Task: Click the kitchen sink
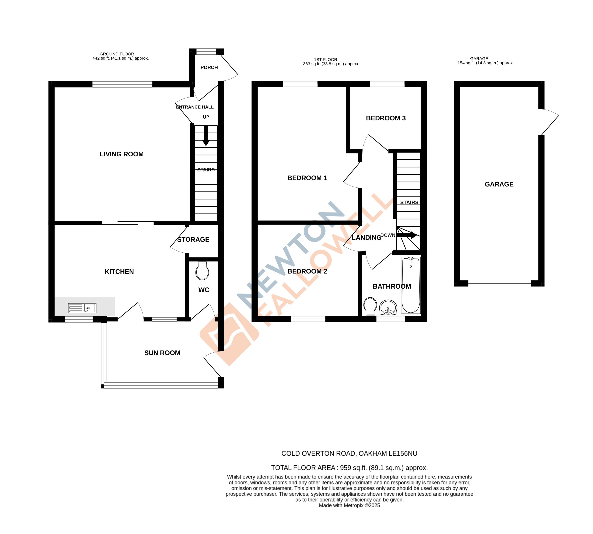pos(82,308)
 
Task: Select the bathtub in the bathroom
pos(411,285)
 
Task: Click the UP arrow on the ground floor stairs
pos(206,136)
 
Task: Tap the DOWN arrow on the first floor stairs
pos(407,235)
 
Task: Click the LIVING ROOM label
pos(122,154)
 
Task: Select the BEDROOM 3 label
pos(386,118)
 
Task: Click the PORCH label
pos(209,67)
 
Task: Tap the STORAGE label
pos(193,240)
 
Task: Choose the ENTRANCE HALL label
pos(195,107)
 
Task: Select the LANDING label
pos(366,238)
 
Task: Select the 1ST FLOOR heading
pos(325,60)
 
